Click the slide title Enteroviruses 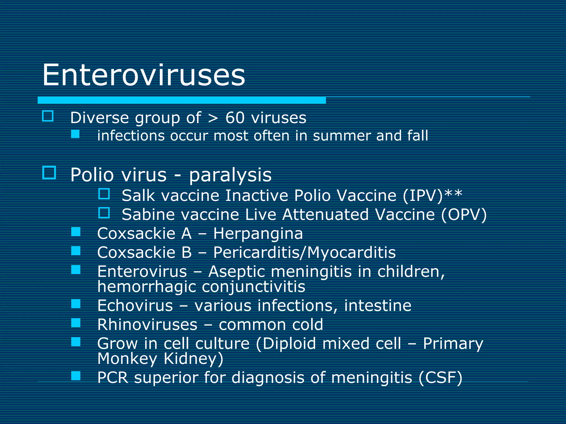pyautogui.click(x=143, y=75)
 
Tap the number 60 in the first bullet pyautogui.click(x=235, y=118)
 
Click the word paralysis pyautogui.click(x=230, y=175)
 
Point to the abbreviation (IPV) pyautogui.click(x=423, y=196)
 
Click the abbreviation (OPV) pyautogui.click(x=464, y=215)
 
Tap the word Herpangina pyautogui.click(x=258, y=234)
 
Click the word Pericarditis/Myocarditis pyautogui.click(x=304, y=253)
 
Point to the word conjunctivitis pyautogui.click(x=253, y=287)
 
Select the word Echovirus pyautogui.click(x=135, y=306)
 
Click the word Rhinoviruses pyautogui.click(x=147, y=325)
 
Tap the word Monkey pyautogui.click(x=127, y=359)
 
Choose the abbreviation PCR pyautogui.click(x=113, y=378)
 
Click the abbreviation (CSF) pyautogui.click(x=440, y=378)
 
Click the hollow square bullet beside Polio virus pyautogui.click(x=49, y=173)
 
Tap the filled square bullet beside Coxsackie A pyautogui.click(x=76, y=232)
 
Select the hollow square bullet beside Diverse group pyautogui.click(x=48, y=116)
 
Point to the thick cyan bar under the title pyautogui.click(x=182, y=100)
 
